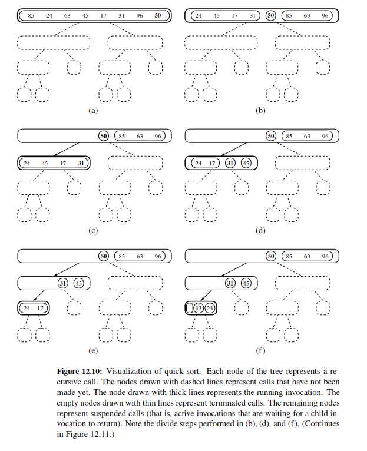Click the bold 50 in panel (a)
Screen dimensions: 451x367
(157, 16)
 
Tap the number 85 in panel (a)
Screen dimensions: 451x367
(31, 16)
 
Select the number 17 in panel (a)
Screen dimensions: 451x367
(104, 16)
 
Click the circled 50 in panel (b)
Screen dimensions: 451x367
(271, 16)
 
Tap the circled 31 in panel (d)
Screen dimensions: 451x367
(230, 163)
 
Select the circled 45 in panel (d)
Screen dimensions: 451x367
(247, 163)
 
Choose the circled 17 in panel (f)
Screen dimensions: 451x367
(199, 307)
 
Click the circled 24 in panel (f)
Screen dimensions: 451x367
(210, 307)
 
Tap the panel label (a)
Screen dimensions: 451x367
(92, 110)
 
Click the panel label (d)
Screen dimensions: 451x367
(260, 230)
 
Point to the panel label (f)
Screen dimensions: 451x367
(260, 351)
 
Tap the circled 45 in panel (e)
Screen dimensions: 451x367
(79, 283)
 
